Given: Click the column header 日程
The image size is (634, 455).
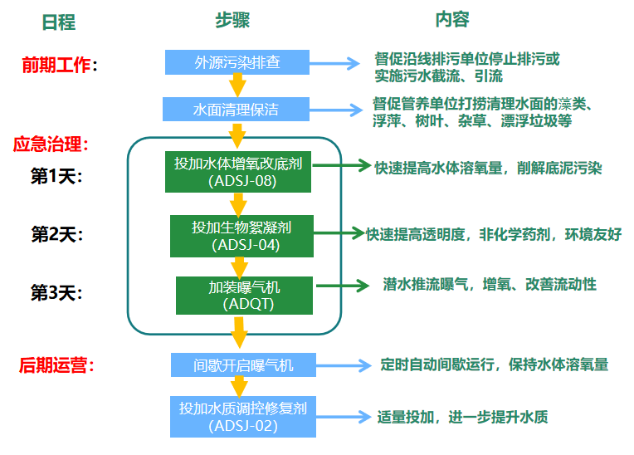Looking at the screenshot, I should pos(59,22).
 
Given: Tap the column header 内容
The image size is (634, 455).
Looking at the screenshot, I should pos(452,20).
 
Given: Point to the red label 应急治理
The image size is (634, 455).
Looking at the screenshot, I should pos(51,144).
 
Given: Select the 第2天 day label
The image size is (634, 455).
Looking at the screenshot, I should pos(57,234).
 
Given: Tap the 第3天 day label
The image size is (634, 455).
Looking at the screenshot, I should pos(57,292).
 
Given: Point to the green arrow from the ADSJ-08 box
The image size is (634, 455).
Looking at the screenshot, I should pos(341,166).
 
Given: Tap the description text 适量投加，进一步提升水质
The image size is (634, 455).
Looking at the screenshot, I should pos(462,417).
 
